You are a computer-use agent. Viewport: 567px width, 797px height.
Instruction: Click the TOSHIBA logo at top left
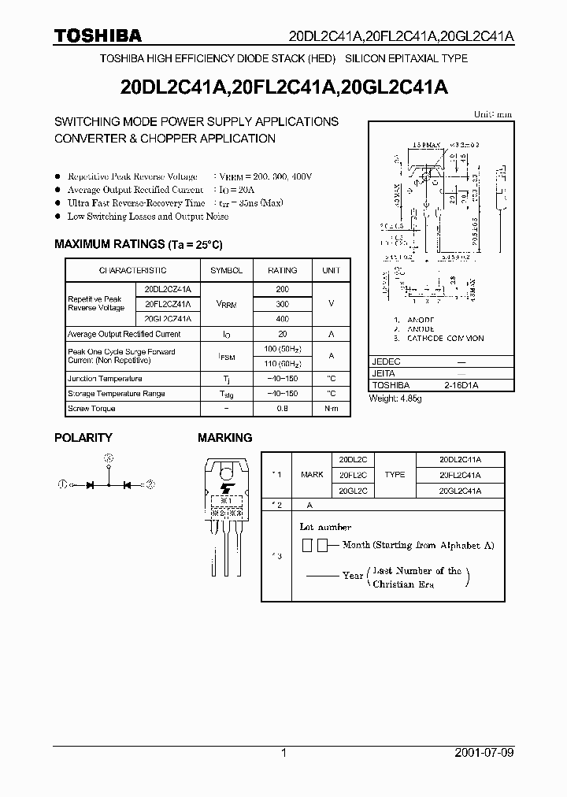[98, 35]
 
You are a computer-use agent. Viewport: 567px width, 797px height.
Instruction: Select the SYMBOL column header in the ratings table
[227, 270]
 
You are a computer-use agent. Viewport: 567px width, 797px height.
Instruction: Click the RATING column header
[282, 270]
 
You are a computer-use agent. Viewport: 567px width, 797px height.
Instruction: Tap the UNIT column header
[331, 270]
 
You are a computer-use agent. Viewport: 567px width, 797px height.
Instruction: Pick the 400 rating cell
[282, 319]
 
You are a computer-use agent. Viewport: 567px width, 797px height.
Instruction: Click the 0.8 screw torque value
[282, 408]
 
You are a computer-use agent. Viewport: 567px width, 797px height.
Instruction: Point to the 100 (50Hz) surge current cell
[282, 349]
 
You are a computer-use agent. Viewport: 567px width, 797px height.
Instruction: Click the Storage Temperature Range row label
[116, 393]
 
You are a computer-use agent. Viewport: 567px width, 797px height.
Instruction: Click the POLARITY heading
[83, 437]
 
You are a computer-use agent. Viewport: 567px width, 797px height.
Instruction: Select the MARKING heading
[224, 437]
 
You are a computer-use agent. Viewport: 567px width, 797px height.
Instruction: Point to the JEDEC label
[386, 361]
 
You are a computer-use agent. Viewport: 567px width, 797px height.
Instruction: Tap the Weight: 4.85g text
[395, 398]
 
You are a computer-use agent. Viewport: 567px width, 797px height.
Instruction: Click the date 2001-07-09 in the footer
[484, 753]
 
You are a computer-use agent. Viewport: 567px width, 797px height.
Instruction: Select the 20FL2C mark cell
[354, 475]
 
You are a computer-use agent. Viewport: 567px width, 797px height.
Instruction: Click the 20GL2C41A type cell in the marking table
[459, 490]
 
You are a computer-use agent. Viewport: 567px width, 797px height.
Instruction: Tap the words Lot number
[325, 527]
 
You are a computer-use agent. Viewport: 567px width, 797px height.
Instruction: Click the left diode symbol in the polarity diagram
[90, 485]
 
